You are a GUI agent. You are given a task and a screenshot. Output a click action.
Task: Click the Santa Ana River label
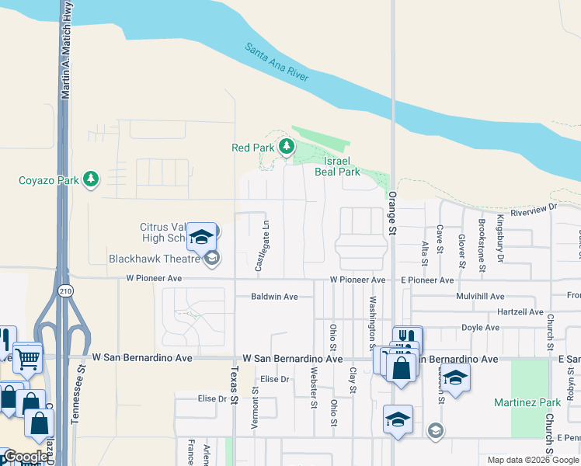pyautogui.click(x=277, y=62)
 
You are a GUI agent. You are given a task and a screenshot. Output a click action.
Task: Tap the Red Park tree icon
pyautogui.click(x=287, y=146)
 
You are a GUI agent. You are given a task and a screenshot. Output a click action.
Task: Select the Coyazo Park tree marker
pyautogui.click(x=92, y=179)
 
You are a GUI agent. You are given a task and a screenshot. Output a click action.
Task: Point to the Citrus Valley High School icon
pyautogui.click(x=202, y=235)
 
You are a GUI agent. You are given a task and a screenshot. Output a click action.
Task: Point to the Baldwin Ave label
pyautogui.click(x=274, y=297)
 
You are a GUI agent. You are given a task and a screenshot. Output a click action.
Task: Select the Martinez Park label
pyautogui.click(x=527, y=403)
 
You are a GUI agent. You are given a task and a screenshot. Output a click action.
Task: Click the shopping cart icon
pyautogui.click(x=27, y=358)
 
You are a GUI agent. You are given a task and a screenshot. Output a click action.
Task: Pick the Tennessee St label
pyautogui.click(x=75, y=401)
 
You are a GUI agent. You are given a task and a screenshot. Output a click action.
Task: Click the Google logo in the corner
pyautogui.click(x=26, y=457)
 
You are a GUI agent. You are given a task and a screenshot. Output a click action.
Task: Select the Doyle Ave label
pyautogui.click(x=481, y=328)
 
